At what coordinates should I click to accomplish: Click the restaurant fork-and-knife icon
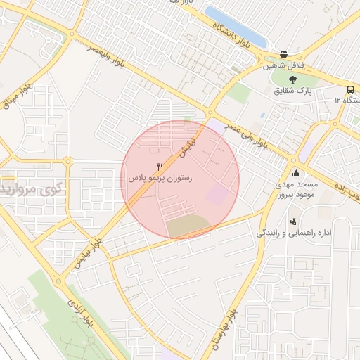click(160, 167)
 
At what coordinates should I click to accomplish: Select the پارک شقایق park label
click(293, 91)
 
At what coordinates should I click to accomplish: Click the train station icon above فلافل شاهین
click(284, 54)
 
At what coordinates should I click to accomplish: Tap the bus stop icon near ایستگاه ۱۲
click(350, 89)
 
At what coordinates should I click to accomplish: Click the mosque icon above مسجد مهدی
click(296, 173)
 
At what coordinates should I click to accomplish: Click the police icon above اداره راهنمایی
click(292, 222)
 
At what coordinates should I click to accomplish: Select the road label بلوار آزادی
click(76, 307)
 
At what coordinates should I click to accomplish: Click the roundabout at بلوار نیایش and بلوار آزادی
click(60, 281)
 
